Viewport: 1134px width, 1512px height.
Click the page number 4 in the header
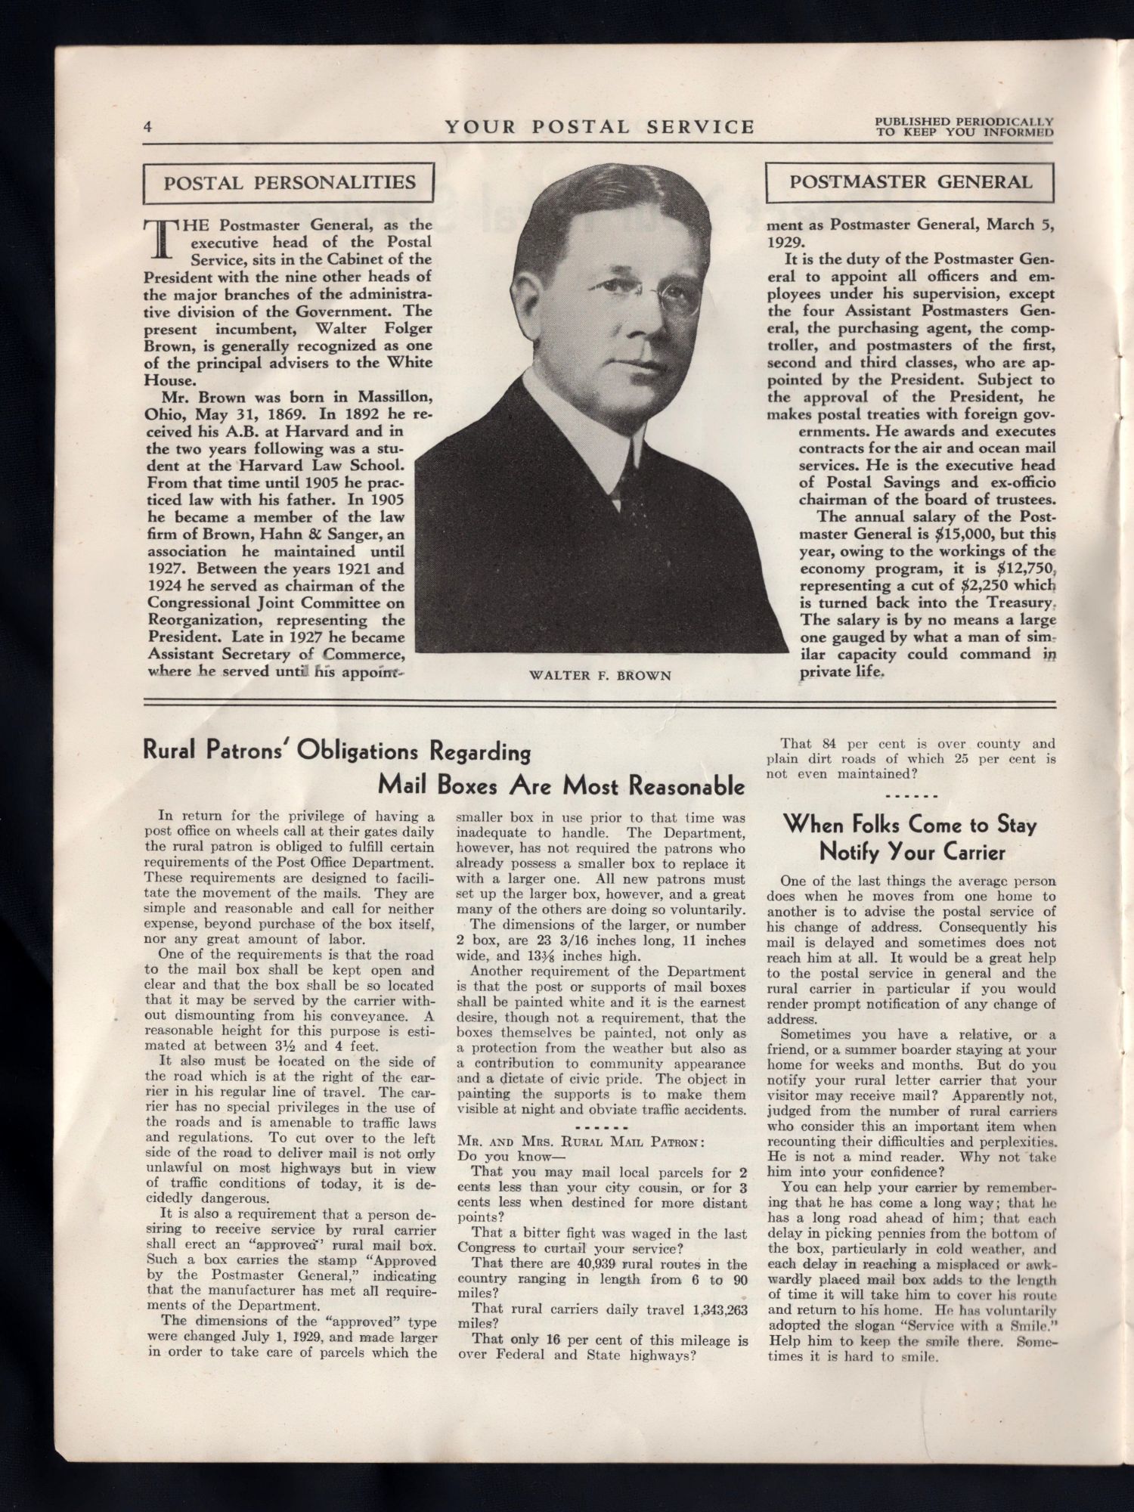[149, 127]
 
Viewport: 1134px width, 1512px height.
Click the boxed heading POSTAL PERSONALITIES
[290, 183]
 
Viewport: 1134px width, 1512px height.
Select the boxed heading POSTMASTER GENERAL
[910, 182]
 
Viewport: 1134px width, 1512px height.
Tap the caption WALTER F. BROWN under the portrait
[601, 675]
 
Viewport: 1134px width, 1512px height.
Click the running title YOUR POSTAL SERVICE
[600, 126]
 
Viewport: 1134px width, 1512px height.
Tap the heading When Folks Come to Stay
[910, 824]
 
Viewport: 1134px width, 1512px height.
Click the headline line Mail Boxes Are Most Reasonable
[561, 786]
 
